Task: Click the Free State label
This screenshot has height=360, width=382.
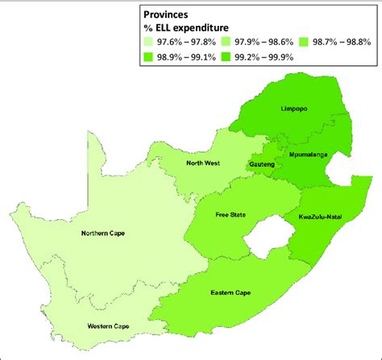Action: tap(230, 215)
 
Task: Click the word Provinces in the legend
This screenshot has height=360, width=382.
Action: tap(170, 14)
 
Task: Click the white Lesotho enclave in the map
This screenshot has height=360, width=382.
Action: tap(264, 239)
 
